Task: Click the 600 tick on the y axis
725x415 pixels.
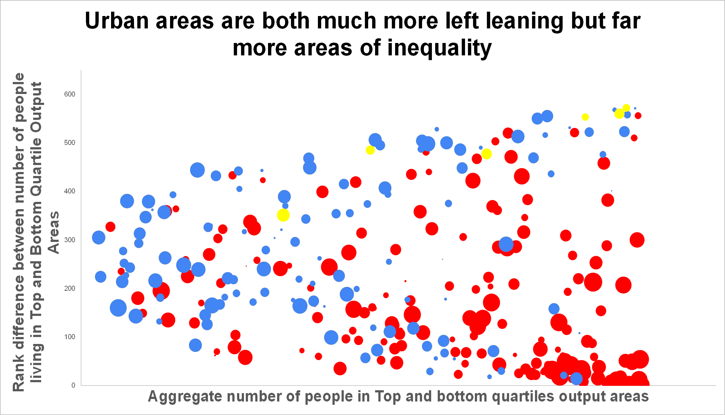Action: point(70,94)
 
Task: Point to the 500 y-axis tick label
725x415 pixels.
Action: point(70,142)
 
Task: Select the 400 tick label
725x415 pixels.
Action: point(70,191)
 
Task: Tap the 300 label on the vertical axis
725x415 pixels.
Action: point(70,240)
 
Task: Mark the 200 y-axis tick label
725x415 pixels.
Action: point(70,288)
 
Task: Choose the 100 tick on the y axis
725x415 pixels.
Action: point(70,337)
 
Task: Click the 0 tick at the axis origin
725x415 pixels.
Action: point(73,385)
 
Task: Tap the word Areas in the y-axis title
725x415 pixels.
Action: point(54,232)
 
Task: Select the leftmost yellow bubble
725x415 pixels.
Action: point(283,215)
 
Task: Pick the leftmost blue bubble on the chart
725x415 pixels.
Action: point(99,238)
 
